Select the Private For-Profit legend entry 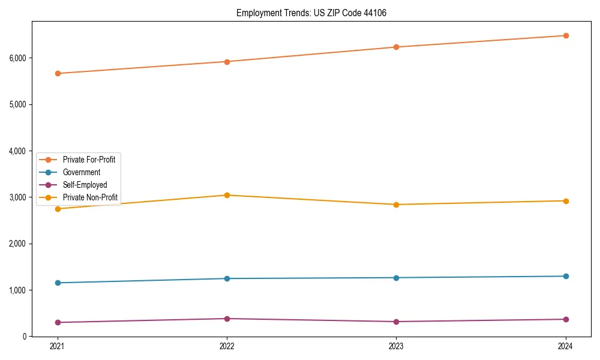(x=89, y=160)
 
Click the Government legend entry (x=82, y=172)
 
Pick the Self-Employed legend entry (x=85, y=185)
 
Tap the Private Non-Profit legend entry (x=90, y=197)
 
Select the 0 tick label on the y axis (x=25, y=337)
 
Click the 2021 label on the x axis (x=58, y=346)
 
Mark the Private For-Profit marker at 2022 (x=227, y=61)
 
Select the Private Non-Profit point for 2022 (x=227, y=195)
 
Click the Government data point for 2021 (x=58, y=283)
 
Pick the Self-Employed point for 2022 (x=227, y=319)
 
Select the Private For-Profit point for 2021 (x=58, y=73)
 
